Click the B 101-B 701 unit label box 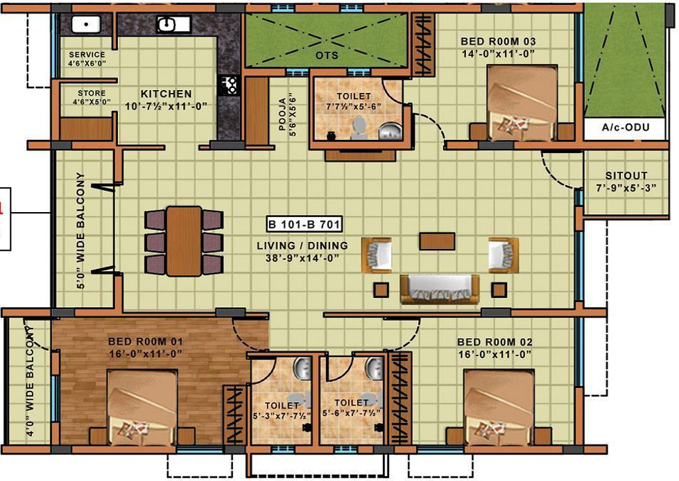click(x=304, y=225)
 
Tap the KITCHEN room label click(x=166, y=94)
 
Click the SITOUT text click(x=626, y=176)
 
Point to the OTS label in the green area click(x=327, y=55)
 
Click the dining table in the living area click(x=184, y=241)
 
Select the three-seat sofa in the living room click(x=439, y=288)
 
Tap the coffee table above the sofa click(x=437, y=240)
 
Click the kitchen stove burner click(x=228, y=86)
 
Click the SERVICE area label click(x=87, y=55)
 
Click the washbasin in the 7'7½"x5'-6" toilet click(x=389, y=130)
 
